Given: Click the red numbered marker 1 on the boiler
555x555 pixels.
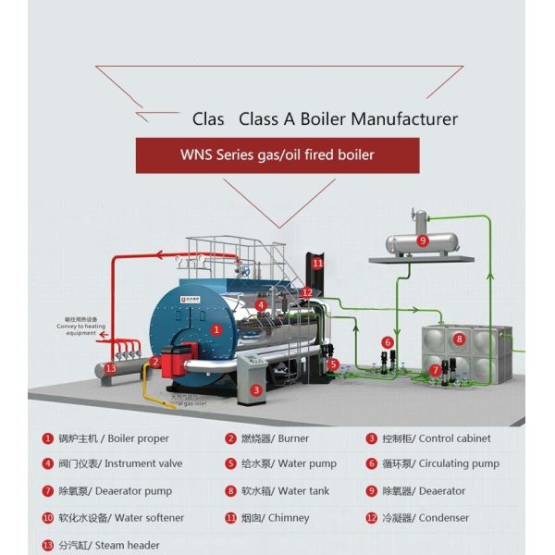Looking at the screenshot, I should click(216, 328).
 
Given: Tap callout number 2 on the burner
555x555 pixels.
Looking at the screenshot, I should click(155, 362).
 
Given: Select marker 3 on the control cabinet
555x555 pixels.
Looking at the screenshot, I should click(256, 390).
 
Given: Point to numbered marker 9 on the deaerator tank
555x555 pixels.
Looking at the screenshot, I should click(423, 241).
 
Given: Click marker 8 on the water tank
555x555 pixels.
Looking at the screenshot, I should click(458, 339).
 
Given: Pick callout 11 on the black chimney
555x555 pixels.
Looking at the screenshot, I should click(317, 264).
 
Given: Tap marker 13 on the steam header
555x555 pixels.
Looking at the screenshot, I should click(111, 368).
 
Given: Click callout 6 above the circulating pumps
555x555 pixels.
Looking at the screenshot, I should click(387, 342).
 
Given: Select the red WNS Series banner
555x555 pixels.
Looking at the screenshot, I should click(277, 155).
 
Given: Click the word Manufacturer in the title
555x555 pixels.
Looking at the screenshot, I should click(403, 119).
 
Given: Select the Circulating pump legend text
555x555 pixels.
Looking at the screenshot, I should click(460, 464).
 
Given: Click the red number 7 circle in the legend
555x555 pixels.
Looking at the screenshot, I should click(48, 491).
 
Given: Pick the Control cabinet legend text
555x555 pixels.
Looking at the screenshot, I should click(454, 438).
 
